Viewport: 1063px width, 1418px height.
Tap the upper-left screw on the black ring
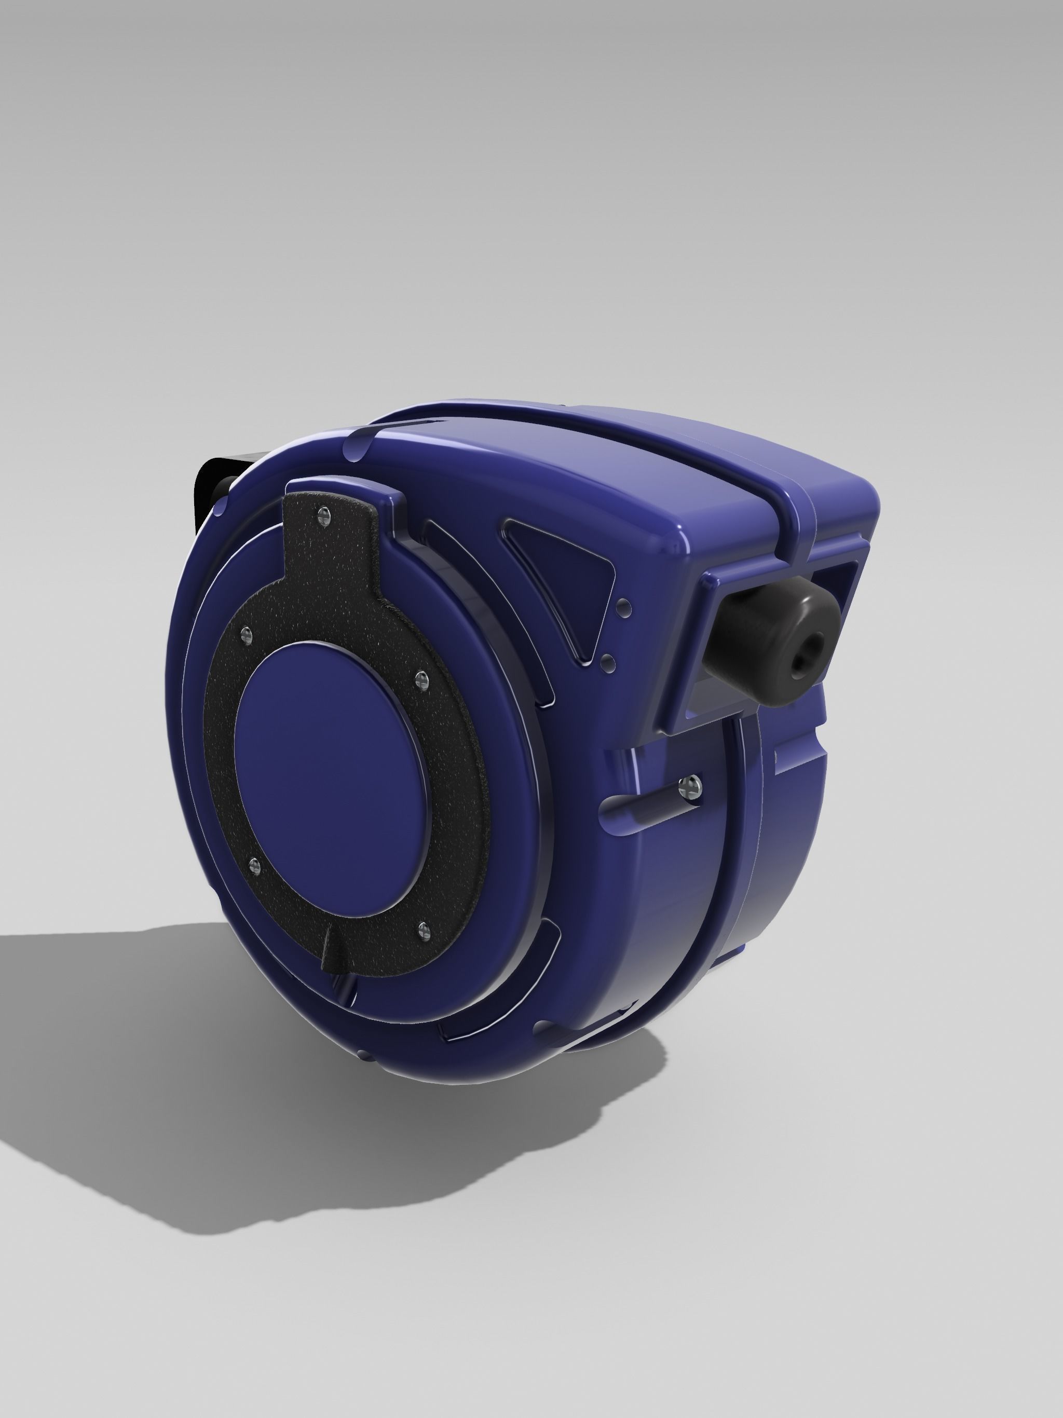(x=246, y=635)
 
